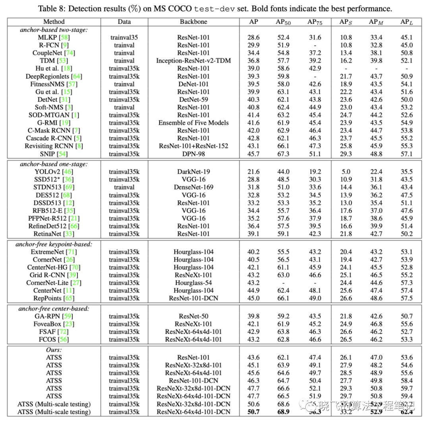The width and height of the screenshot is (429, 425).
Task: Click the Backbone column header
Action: [193, 22]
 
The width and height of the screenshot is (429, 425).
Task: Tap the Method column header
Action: [54, 22]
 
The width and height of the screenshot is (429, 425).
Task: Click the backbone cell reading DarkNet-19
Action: [193, 172]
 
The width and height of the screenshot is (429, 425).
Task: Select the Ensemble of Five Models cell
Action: [193, 123]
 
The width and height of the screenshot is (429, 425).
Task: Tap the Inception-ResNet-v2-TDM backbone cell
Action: [193, 60]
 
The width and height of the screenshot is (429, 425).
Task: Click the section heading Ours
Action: [54, 350]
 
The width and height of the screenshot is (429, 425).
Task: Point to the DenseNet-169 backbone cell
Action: [193, 187]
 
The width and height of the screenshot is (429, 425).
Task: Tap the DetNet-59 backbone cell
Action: [193, 99]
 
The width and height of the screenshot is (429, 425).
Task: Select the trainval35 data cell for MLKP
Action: [124, 37]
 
